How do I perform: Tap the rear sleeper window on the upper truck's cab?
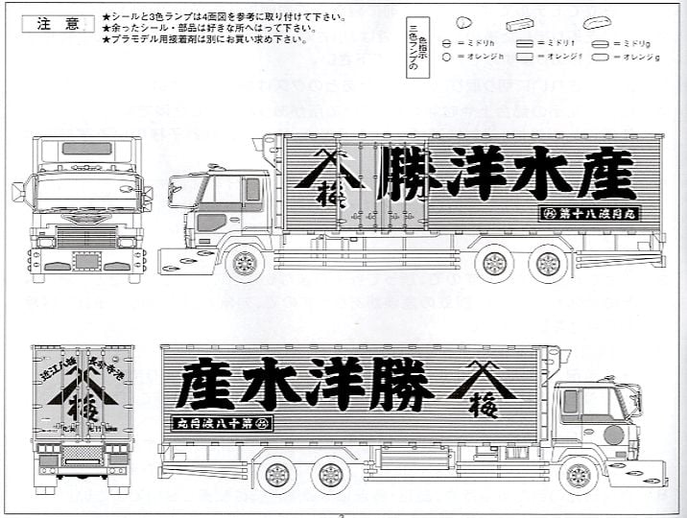pyautogui.click(x=252, y=189)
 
